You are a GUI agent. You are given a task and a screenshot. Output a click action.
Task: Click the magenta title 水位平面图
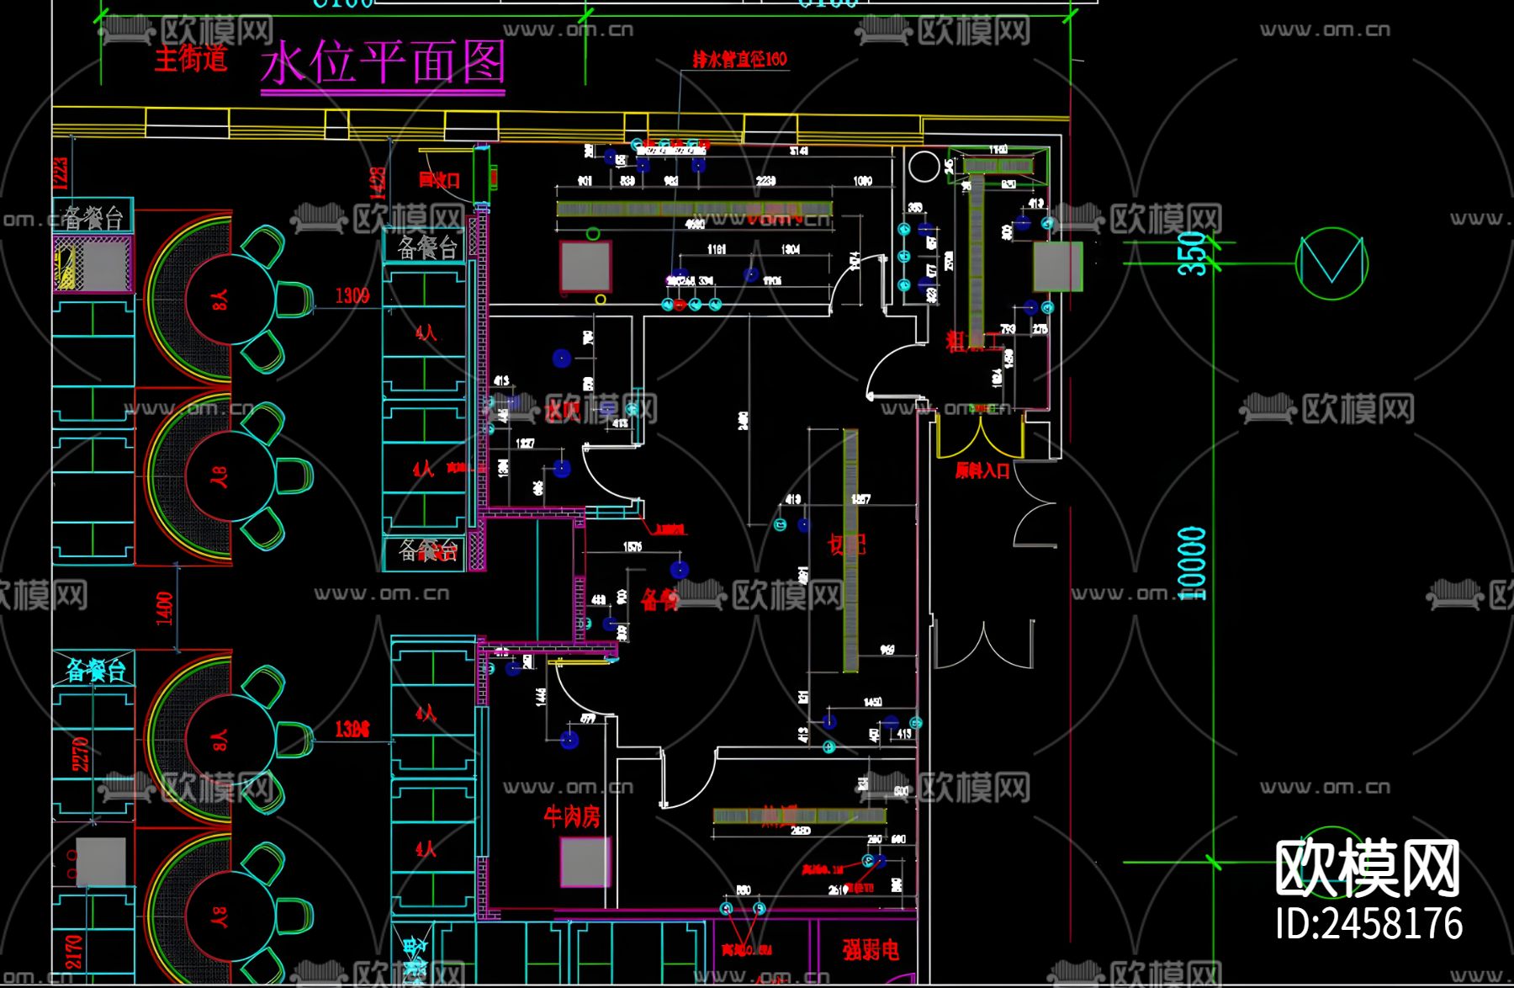[x=383, y=63]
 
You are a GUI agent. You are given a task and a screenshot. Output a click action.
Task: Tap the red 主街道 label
[x=191, y=58]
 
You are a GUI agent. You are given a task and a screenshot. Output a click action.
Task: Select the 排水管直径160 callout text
[x=739, y=59]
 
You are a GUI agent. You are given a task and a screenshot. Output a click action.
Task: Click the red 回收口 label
[x=439, y=180]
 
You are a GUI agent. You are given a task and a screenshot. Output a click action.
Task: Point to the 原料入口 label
[x=982, y=470]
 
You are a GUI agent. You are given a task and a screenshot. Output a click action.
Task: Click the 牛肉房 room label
[x=572, y=815]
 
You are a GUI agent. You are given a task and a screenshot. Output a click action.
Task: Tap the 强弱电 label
[x=871, y=949]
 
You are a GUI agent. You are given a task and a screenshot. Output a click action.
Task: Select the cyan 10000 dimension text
[x=1193, y=563]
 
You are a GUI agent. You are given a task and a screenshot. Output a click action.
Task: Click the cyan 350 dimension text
[x=1193, y=252]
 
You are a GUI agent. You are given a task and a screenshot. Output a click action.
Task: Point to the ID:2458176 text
[x=1368, y=923]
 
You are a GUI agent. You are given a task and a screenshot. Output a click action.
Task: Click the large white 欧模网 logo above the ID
[x=1368, y=868]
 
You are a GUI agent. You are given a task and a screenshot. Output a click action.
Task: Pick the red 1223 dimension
[x=61, y=173]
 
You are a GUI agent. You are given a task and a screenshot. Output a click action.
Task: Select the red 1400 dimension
[x=165, y=608]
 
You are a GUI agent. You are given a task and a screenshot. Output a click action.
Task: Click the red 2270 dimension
[x=80, y=754]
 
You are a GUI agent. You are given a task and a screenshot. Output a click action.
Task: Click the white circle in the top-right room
[x=924, y=167]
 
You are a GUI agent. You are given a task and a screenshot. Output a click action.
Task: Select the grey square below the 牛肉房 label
[x=585, y=862]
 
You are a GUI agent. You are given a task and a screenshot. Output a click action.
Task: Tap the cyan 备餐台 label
[x=96, y=671]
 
